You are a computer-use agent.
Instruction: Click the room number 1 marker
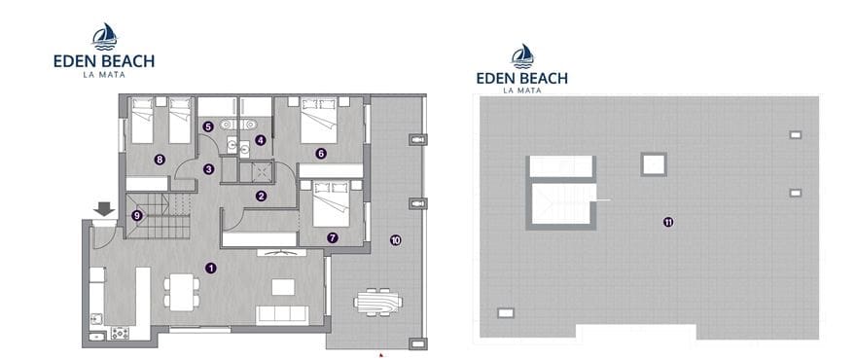coord(211,267)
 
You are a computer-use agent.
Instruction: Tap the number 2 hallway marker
coord(261,196)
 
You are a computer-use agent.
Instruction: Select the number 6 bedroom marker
coord(320,153)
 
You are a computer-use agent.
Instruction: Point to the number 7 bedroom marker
coord(333,236)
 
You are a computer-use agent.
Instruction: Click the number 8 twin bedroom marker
coord(159,159)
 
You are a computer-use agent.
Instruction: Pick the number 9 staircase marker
coord(137,215)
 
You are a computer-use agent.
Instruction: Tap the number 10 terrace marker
coord(395,239)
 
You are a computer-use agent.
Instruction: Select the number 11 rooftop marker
coord(667,222)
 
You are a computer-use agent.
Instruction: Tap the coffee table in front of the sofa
coord(283,286)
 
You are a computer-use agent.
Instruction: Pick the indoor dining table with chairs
coord(181,290)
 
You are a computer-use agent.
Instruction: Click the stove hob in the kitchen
coord(120,333)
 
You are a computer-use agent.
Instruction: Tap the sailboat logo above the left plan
coord(104,37)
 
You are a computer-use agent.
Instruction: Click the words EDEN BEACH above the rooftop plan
coord(521,78)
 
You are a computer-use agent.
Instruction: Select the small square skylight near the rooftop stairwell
coord(653,162)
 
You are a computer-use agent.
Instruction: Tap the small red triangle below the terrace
coord(380,355)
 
